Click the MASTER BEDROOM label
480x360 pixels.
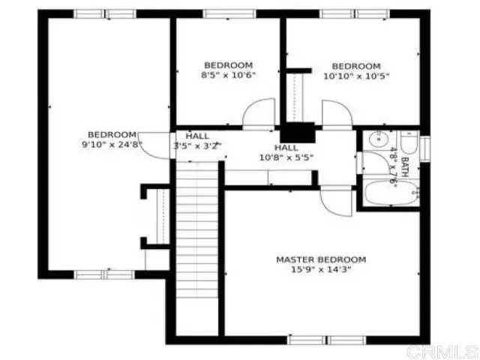coord(321,259)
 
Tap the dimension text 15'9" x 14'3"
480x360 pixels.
coord(321,270)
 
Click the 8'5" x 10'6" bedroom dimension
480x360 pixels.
coord(228,75)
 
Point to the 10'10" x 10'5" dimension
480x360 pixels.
coord(356,76)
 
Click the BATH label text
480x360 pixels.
coord(405,167)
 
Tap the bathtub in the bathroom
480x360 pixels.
coord(391,193)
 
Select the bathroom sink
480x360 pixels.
coord(379,139)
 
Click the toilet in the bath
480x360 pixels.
coord(409,142)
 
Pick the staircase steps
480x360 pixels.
coord(197,229)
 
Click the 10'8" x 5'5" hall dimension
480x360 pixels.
coord(286,157)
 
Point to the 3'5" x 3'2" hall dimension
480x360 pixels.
coord(197,145)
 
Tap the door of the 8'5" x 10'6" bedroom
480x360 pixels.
coord(259,112)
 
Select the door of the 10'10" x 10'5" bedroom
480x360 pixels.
coord(337,113)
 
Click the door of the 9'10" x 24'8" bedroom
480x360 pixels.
coord(154,145)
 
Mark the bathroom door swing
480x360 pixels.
coord(376,163)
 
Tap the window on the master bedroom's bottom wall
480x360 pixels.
coord(327,340)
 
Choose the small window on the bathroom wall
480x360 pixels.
coord(425,148)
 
